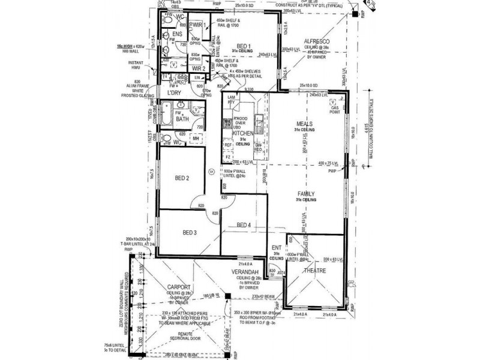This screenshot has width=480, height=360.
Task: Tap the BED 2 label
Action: (x=182, y=178)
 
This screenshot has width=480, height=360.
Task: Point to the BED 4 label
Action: (x=243, y=225)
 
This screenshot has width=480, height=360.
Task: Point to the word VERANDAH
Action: (x=245, y=271)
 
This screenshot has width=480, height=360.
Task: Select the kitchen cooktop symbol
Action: (x=228, y=124)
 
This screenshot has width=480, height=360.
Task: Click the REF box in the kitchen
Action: (x=228, y=145)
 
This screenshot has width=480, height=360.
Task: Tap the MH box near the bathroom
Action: (x=196, y=139)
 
